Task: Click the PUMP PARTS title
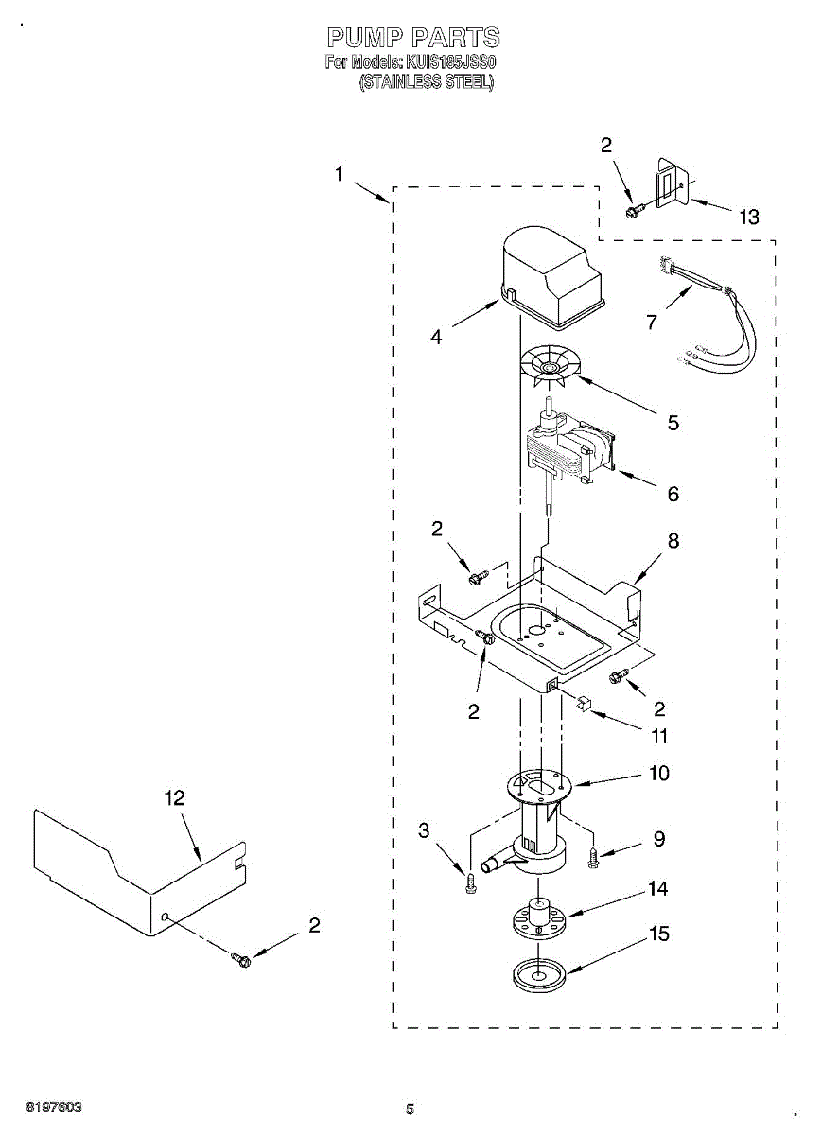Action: (x=413, y=38)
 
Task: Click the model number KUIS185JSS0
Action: (x=450, y=62)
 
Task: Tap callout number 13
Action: (x=748, y=218)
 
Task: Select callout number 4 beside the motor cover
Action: (x=436, y=337)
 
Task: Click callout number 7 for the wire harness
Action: (x=651, y=323)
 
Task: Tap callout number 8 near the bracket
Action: (x=673, y=541)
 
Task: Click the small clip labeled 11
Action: (x=584, y=703)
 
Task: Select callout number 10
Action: (x=658, y=773)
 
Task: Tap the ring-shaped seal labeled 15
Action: (x=537, y=974)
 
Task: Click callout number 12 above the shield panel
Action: (x=174, y=797)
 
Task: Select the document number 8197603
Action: (x=53, y=1107)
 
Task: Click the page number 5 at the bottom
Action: (x=410, y=1109)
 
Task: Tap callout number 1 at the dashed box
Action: (x=339, y=174)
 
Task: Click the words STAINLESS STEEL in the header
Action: (x=426, y=82)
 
